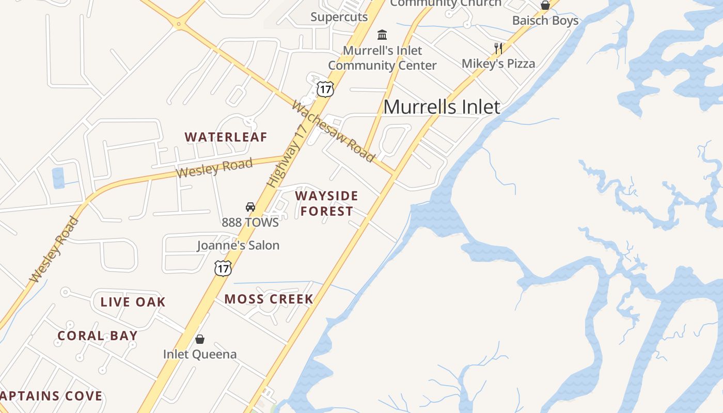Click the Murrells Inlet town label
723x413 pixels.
pyautogui.click(x=442, y=107)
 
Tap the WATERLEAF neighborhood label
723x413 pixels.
pyautogui.click(x=226, y=137)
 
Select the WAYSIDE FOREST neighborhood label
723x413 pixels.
pyautogui.click(x=326, y=203)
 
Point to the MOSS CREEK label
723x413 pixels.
pyautogui.click(x=269, y=299)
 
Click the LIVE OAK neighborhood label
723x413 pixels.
pyautogui.click(x=133, y=302)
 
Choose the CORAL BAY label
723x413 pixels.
pyautogui.click(x=98, y=336)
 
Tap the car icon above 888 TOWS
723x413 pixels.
pyautogui.click(x=250, y=207)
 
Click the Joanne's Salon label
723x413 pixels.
pyautogui.click(x=238, y=245)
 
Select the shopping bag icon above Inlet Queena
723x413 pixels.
pyautogui.click(x=200, y=339)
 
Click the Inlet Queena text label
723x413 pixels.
pyautogui.click(x=200, y=354)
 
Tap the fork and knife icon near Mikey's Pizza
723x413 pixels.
pyautogui.click(x=498, y=49)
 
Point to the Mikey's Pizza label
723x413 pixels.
pyautogui.click(x=498, y=63)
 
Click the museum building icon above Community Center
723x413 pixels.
pyautogui.click(x=382, y=35)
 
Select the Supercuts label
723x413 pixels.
pyautogui.click(x=339, y=17)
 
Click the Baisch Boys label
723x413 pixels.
pyautogui.click(x=545, y=21)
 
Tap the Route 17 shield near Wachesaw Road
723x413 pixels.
pyautogui.click(x=325, y=89)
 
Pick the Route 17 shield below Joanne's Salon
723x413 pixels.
pyautogui.click(x=223, y=268)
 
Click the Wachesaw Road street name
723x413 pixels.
pyautogui.click(x=333, y=131)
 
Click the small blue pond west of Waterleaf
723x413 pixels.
pyautogui.click(x=58, y=178)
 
